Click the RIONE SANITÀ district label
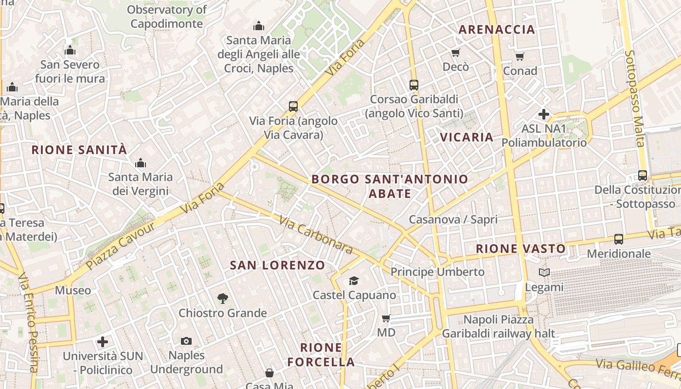click(79, 150)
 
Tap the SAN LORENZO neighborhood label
click(277, 265)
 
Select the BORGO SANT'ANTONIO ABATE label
click(390, 186)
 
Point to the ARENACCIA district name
click(497, 30)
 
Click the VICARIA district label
click(466, 137)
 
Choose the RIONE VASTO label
click(520, 249)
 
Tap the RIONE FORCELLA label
click(321, 355)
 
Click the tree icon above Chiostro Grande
click(223, 298)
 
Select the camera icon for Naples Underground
click(186, 341)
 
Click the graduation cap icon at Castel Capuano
click(354, 281)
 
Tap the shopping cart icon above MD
click(386, 318)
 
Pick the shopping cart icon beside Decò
click(456, 53)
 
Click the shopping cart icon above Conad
click(520, 57)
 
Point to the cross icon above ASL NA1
click(544, 115)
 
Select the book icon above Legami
click(544, 273)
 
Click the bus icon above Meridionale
click(619, 239)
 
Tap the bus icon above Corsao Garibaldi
click(414, 85)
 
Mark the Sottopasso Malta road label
click(634, 97)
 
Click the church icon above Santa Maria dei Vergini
click(141, 162)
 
